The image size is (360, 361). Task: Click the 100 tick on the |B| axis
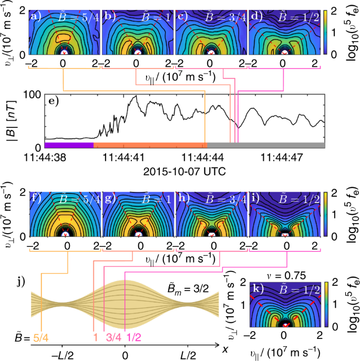point(34,95)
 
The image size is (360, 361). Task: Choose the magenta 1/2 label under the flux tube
point(126,337)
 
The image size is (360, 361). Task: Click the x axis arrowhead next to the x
point(218,346)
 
